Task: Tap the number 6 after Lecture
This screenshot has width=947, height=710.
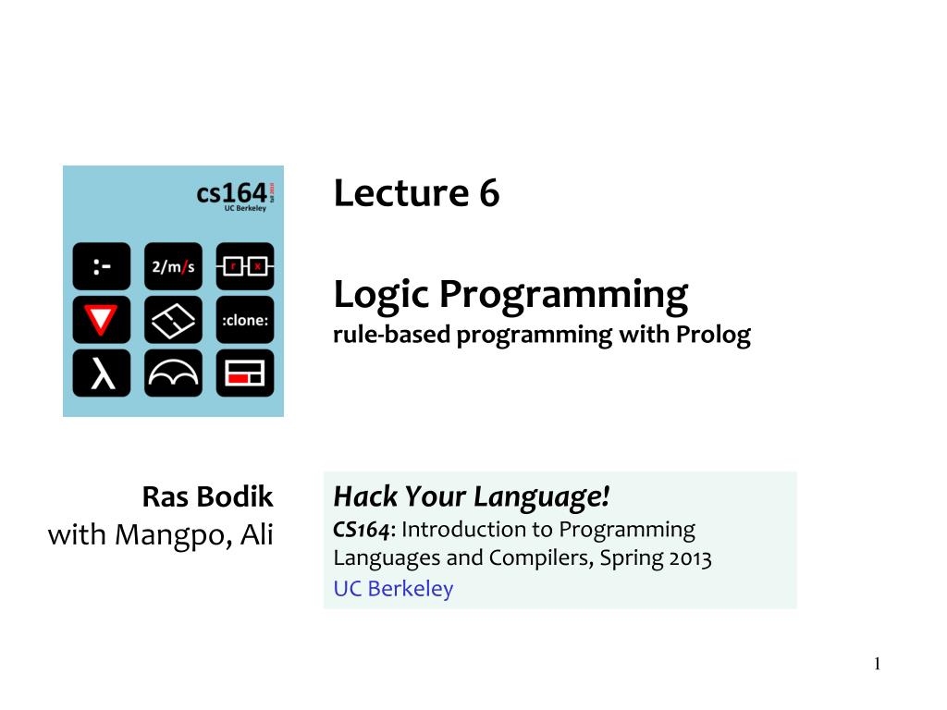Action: (488, 194)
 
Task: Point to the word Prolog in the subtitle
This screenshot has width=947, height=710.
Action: (713, 335)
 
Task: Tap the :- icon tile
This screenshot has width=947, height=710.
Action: (102, 266)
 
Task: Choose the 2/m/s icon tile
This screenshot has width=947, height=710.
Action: (173, 266)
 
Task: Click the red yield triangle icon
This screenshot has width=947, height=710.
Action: (102, 320)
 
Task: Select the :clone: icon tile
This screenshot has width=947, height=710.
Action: (245, 320)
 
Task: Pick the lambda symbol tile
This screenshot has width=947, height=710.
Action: (102, 373)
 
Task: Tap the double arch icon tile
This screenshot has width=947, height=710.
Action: (173, 373)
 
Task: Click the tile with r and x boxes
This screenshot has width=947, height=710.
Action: (245, 266)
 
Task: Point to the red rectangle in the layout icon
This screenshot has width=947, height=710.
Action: (240, 378)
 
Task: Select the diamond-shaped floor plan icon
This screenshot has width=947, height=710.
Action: (173, 320)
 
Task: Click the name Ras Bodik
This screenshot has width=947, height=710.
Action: (207, 497)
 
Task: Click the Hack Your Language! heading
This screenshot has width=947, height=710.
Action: (472, 497)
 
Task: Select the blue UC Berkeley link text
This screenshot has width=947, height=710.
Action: (393, 589)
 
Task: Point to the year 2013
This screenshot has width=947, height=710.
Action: (688, 558)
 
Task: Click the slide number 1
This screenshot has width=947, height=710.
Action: (878, 664)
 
